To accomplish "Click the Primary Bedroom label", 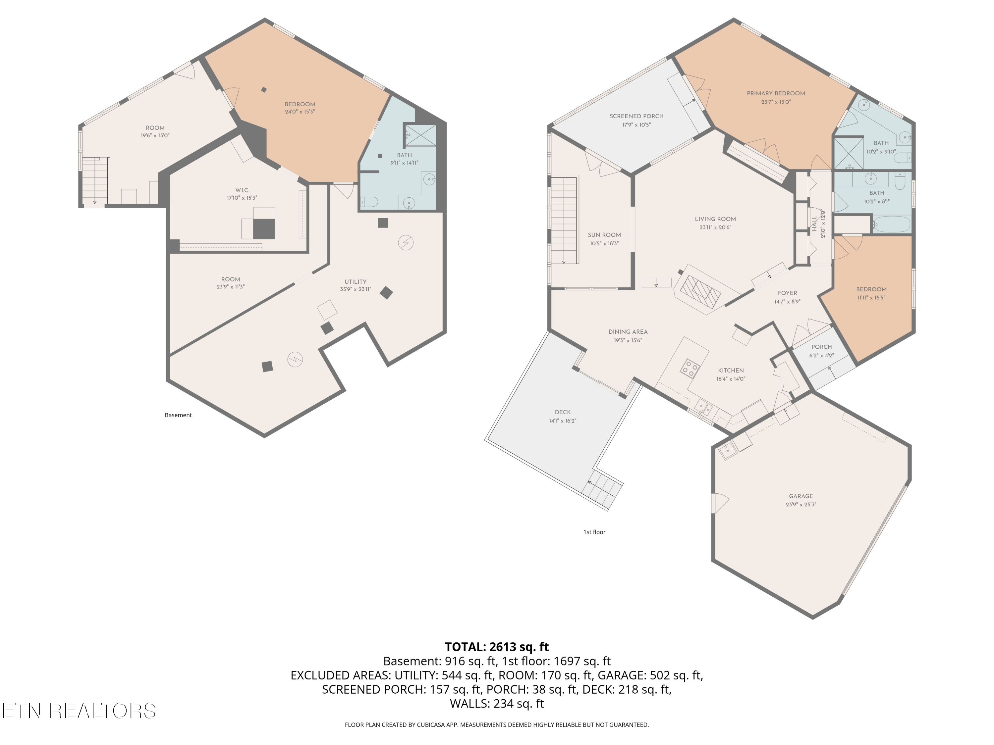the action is point(776,93).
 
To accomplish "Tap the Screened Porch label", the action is point(636,116).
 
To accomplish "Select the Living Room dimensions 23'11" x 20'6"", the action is point(715,227).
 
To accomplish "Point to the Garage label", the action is point(801,496).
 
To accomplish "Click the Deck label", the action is point(563,412).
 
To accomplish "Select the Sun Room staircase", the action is point(564,220).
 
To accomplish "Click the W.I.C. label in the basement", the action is point(242,190).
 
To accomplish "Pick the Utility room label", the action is point(356,282).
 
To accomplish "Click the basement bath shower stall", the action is point(420,135).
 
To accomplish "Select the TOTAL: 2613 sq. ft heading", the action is point(497,647).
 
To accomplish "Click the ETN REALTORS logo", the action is point(79,711).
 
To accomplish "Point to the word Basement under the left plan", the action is point(178,415).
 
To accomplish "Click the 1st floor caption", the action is point(594,532).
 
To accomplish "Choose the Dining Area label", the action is point(628,332).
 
